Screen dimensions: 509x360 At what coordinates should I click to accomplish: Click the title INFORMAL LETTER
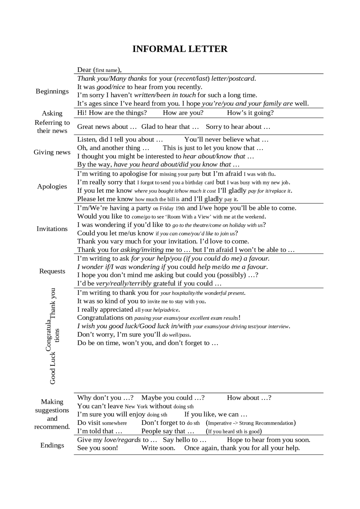coord(180,49)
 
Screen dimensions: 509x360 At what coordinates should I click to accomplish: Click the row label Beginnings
coord(52,91)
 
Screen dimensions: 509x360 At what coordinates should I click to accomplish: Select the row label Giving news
coord(52,152)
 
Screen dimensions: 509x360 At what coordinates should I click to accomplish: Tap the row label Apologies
coord(52,186)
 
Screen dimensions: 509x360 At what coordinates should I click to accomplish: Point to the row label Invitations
coord(52,229)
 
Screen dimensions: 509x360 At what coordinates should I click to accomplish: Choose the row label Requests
coord(52,271)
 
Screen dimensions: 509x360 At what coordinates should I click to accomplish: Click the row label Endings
coord(52,445)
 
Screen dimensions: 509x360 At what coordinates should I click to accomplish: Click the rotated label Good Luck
coord(53,368)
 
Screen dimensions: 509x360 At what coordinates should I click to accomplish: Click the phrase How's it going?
coord(250,113)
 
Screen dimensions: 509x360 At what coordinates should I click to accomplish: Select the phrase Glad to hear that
coord(170,127)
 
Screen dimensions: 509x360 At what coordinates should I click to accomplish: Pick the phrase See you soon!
coord(97,448)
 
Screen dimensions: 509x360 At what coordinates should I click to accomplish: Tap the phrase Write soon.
coord(158,448)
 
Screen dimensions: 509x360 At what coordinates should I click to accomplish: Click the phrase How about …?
coord(249,398)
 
